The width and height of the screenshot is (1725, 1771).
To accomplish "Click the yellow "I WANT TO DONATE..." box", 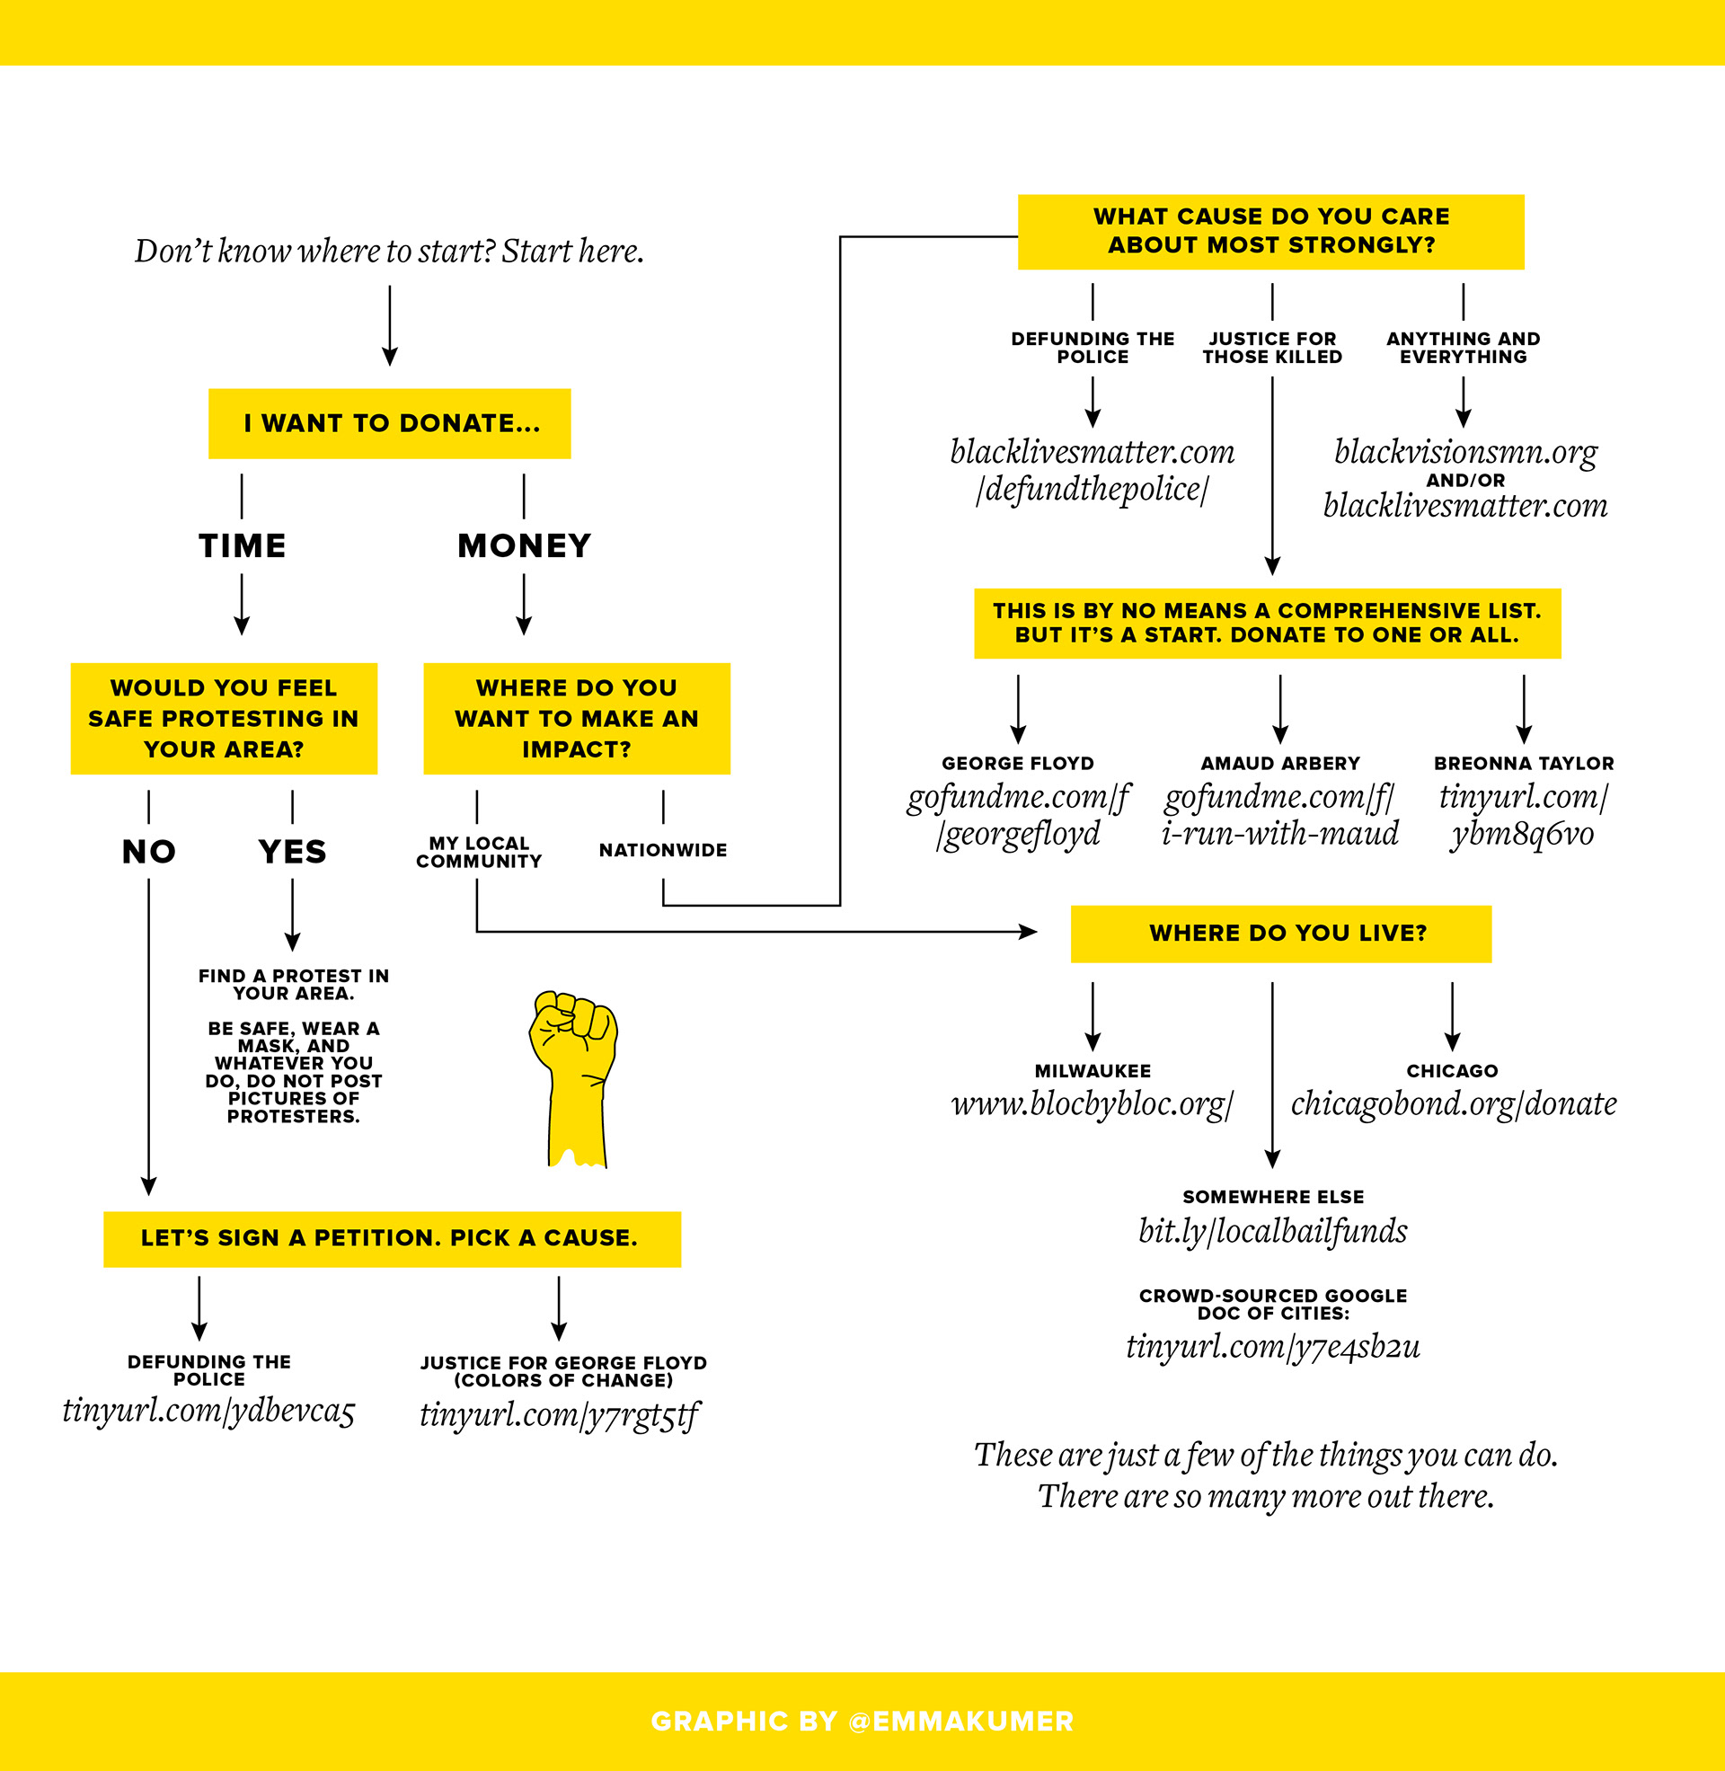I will pyautogui.click(x=390, y=423).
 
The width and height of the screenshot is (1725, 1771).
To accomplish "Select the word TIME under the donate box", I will pyautogui.click(x=242, y=545).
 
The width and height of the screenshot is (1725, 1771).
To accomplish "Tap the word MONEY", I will pyautogui.click(x=524, y=545).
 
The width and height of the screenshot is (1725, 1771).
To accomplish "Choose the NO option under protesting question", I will pyautogui.click(x=148, y=852).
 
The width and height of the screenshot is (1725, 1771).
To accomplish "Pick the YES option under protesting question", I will pyautogui.click(x=292, y=852).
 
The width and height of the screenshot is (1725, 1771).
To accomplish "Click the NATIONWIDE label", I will pyautogui.click(x=662, y=850).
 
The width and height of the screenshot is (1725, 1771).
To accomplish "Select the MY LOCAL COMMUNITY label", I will pyautogui.click(x=478, y=852).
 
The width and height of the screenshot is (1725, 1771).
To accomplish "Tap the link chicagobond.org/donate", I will pyautogui.click(x=1453, y=1103).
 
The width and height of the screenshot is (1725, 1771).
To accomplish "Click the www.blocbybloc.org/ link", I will pyautogui.click(x=1092, y=1103).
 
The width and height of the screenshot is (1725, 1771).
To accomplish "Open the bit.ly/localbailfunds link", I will pyautogui.click(x=1273, y=1231).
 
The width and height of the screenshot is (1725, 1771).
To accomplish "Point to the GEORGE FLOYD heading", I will pyautogui.click(x=1017, y=764).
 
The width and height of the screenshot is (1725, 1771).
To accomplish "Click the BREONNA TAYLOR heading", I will pyautogui.click(x=1524, y=764).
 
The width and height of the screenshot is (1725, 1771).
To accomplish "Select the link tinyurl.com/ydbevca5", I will pyautogui.click(x=208, y=1411).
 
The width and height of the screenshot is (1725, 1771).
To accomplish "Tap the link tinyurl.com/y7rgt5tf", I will pyautogui.click(x=559, y=1414).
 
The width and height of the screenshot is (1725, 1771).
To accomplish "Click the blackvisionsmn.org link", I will pyautogui.click(x=1465, y=451).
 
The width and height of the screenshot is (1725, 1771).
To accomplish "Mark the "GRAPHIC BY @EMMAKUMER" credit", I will pyautogui.click(x=862, y=1722).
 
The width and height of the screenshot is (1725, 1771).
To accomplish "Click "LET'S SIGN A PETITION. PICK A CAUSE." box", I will pyautogui.click(x=392, y=1238).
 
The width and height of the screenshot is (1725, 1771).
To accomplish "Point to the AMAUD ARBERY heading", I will pyautogui.click(x=1280, y=764).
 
